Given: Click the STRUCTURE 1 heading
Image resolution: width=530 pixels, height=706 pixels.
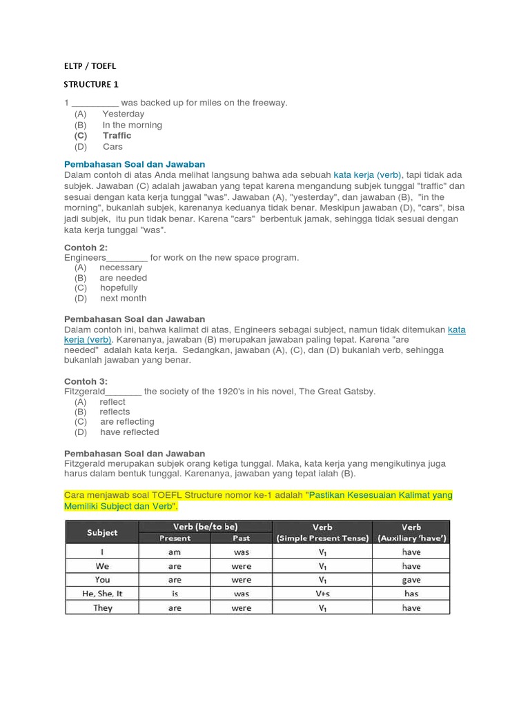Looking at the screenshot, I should [x=91, y=85].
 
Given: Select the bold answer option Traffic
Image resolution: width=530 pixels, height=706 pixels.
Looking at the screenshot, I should [x=117, y=136].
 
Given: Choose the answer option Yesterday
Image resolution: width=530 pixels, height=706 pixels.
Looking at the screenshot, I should [x=123, y=114].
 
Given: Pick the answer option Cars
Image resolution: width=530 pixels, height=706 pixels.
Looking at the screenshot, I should [x=112, y=147].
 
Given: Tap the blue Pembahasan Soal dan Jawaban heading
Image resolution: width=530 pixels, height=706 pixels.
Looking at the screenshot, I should [x=135, y=164].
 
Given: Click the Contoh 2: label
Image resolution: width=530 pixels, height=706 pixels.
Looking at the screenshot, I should [x=86, y=248].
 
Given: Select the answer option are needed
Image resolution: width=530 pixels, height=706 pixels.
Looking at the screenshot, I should [x=123, y=278].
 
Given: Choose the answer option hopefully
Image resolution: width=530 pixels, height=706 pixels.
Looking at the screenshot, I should [x=119, y=288].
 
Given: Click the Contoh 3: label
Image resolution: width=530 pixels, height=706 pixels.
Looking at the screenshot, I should [x=86, y=381].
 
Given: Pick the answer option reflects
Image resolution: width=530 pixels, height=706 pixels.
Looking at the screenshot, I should [x=115, y=412].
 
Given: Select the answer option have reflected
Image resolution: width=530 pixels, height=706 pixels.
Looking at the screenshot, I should [x=129, y=432].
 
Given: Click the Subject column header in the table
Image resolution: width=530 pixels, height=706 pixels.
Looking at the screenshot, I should [x=102, y=532].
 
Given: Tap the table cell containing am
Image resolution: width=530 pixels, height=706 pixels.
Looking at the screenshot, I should [x=175, y=552].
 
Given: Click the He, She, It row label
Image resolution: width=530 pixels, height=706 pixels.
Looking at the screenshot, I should [x=102, y=594].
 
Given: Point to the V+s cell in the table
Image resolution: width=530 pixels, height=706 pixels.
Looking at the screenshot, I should [x=322, y=594].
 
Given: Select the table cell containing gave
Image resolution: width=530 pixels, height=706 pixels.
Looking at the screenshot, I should [x=411, y=580].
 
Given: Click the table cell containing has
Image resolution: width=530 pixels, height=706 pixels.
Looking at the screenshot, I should [x=411, y=594].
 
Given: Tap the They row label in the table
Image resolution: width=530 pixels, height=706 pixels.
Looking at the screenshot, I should [x=102, y=608].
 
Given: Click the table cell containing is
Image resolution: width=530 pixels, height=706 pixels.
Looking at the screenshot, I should [x=175, y=594].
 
